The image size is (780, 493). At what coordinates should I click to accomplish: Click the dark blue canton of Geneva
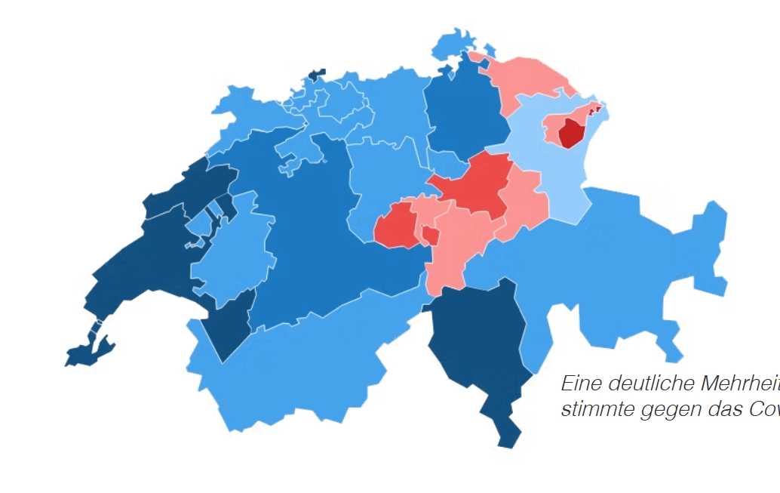click(84, 353)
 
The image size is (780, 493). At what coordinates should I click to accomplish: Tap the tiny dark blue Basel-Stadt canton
click(315, 75)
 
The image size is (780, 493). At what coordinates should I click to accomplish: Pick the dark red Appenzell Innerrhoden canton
click(571, 133)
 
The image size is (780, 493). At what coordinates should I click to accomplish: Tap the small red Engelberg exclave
click(431, 236)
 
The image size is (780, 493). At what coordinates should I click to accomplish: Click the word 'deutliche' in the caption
click(649, 384)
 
